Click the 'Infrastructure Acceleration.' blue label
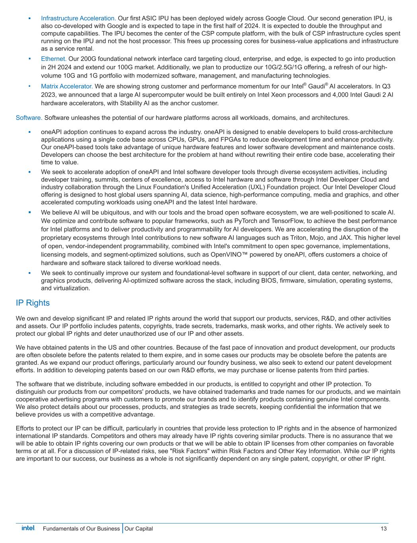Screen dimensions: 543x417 coord(78,18)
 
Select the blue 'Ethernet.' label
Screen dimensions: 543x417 coord(54,59)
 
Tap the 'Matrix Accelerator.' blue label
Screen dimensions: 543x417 coord(67,86)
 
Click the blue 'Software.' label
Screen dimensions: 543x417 coord(29,118)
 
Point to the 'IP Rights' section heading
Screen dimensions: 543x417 coord(33,303)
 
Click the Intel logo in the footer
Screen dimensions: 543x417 coord(28,528)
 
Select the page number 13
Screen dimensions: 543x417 coord(384,529)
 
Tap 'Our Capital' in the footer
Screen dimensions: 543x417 coord(138,529)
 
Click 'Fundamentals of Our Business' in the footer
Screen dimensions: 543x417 coord(81,529)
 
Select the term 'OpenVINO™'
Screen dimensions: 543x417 coord(222,255)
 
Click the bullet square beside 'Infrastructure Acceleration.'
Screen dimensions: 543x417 coord(30,18)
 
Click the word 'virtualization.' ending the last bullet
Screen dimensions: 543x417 coord(65,288)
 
